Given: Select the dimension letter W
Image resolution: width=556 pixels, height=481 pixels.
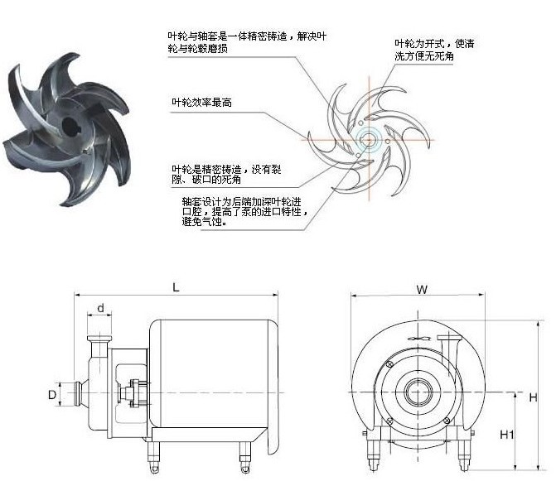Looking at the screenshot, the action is point(422,290).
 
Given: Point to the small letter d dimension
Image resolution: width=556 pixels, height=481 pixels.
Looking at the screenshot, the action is point(100,310).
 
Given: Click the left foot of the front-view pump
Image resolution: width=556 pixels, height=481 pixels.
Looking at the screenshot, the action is point(370,448).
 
